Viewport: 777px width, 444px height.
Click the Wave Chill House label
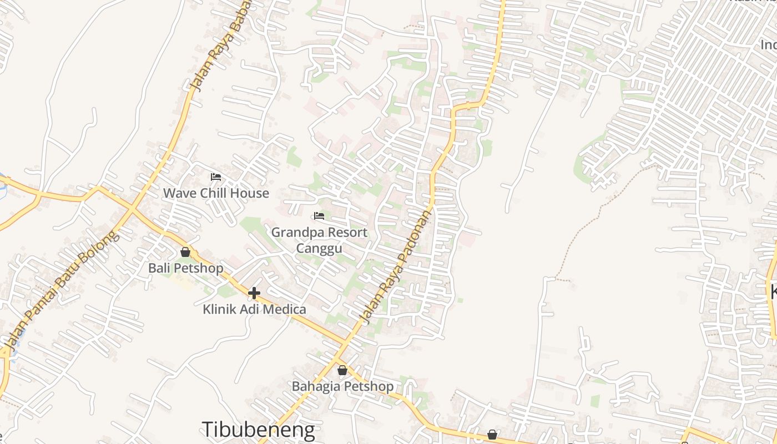point(216,193)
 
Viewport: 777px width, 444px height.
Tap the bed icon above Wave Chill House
point(216,177)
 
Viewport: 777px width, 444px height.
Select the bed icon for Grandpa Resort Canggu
point(319,216)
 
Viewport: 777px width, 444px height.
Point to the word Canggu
point(319,248)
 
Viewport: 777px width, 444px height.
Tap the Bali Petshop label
point(185,268)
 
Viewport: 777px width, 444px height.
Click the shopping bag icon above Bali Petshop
point(185,252)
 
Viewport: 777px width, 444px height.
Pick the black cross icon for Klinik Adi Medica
point(254,292)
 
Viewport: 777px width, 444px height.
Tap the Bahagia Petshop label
point(342,386)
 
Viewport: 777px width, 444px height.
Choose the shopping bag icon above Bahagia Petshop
point(342,370)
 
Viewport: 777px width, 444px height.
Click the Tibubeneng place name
point(258,430)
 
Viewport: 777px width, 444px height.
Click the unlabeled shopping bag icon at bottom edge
point(492,434)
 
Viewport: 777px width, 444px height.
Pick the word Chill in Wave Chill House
point(215,193)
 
